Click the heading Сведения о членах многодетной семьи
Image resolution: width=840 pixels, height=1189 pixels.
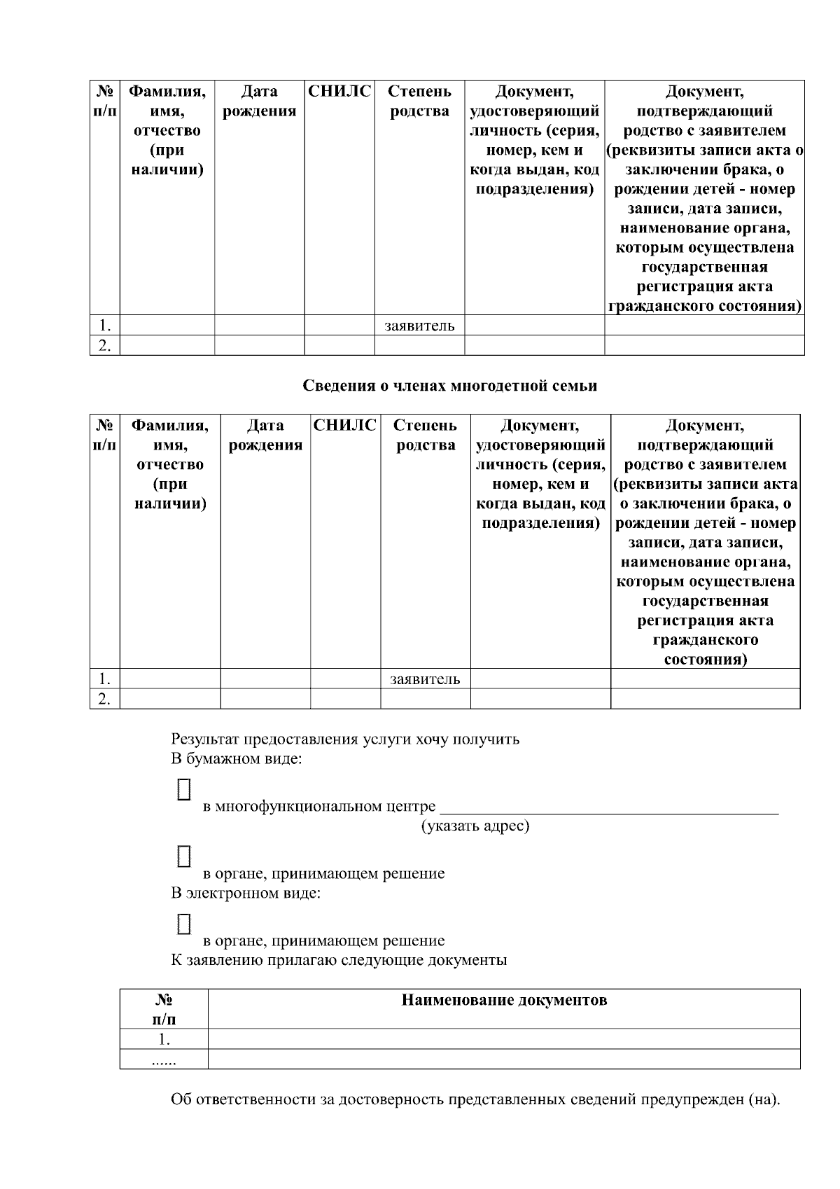pos(450,386)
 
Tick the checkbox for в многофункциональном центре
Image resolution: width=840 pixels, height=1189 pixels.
pos(183,789)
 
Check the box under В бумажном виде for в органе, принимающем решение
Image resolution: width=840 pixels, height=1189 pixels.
pos(183,856)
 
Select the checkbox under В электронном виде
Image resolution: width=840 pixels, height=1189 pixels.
pos(183,924)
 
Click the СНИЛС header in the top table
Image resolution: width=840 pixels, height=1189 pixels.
pos(339,91)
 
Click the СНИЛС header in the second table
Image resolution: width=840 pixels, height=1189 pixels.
pos(345,425)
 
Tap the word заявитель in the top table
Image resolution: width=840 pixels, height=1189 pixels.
pos(419,326)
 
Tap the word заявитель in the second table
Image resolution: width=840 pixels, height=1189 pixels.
pos(425,679)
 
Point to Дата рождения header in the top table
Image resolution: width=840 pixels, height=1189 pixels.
pos(259,102)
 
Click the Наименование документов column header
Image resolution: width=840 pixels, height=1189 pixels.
pos(504,1000)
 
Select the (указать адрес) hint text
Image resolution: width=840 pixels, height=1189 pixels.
pos(475,826)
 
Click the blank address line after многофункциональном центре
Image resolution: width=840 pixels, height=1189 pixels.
pos(608,807)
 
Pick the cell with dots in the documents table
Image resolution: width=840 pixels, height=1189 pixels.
pos(164,1060)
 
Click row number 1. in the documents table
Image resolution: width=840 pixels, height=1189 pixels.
pos(164,1039)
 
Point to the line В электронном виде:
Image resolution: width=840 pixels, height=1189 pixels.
pos(246,894)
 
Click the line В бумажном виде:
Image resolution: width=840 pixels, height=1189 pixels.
pos(237,759)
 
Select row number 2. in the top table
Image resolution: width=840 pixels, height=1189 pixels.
pos(104,346)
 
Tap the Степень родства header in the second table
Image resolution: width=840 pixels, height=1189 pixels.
pos(425,435)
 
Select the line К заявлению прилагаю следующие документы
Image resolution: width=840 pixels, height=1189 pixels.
pos(339,960)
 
